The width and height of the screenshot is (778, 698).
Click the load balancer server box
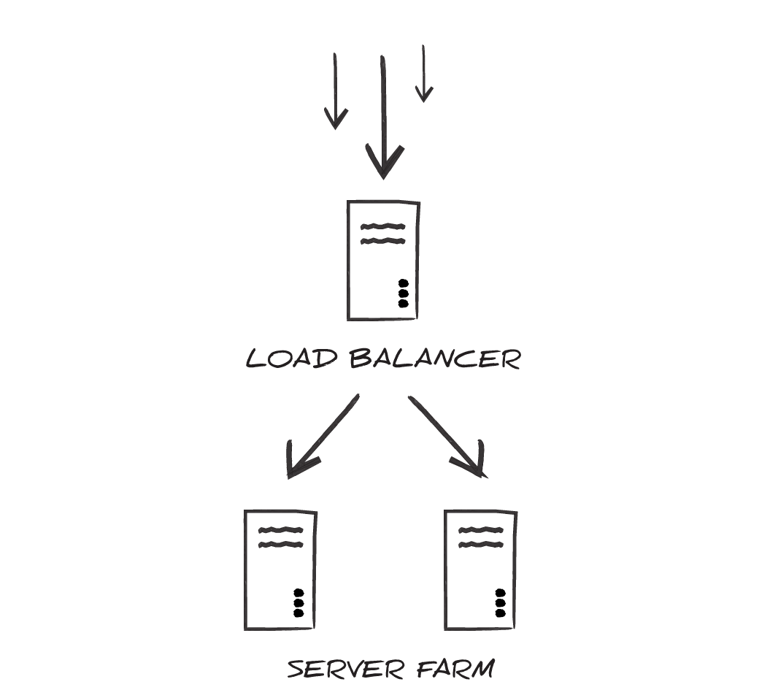(382, 261)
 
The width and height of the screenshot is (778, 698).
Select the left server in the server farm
(280, 570)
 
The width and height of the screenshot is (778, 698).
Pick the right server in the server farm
(480, 570)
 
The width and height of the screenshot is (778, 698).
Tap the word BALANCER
(435, 359)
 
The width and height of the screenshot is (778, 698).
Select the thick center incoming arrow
(382, 110)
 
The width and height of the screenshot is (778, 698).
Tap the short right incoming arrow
(423, 73)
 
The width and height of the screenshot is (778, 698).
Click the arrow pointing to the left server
(321, 438)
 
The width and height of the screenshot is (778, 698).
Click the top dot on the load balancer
(403, 283)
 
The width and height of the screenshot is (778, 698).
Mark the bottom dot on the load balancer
(403, 302)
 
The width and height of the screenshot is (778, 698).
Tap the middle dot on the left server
(298, 603)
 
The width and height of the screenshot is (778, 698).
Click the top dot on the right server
(500, 593)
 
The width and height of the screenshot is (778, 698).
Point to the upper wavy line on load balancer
(382, 226)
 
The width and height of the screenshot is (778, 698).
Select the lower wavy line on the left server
(281, 545)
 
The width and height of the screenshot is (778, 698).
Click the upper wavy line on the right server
(481, 530)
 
